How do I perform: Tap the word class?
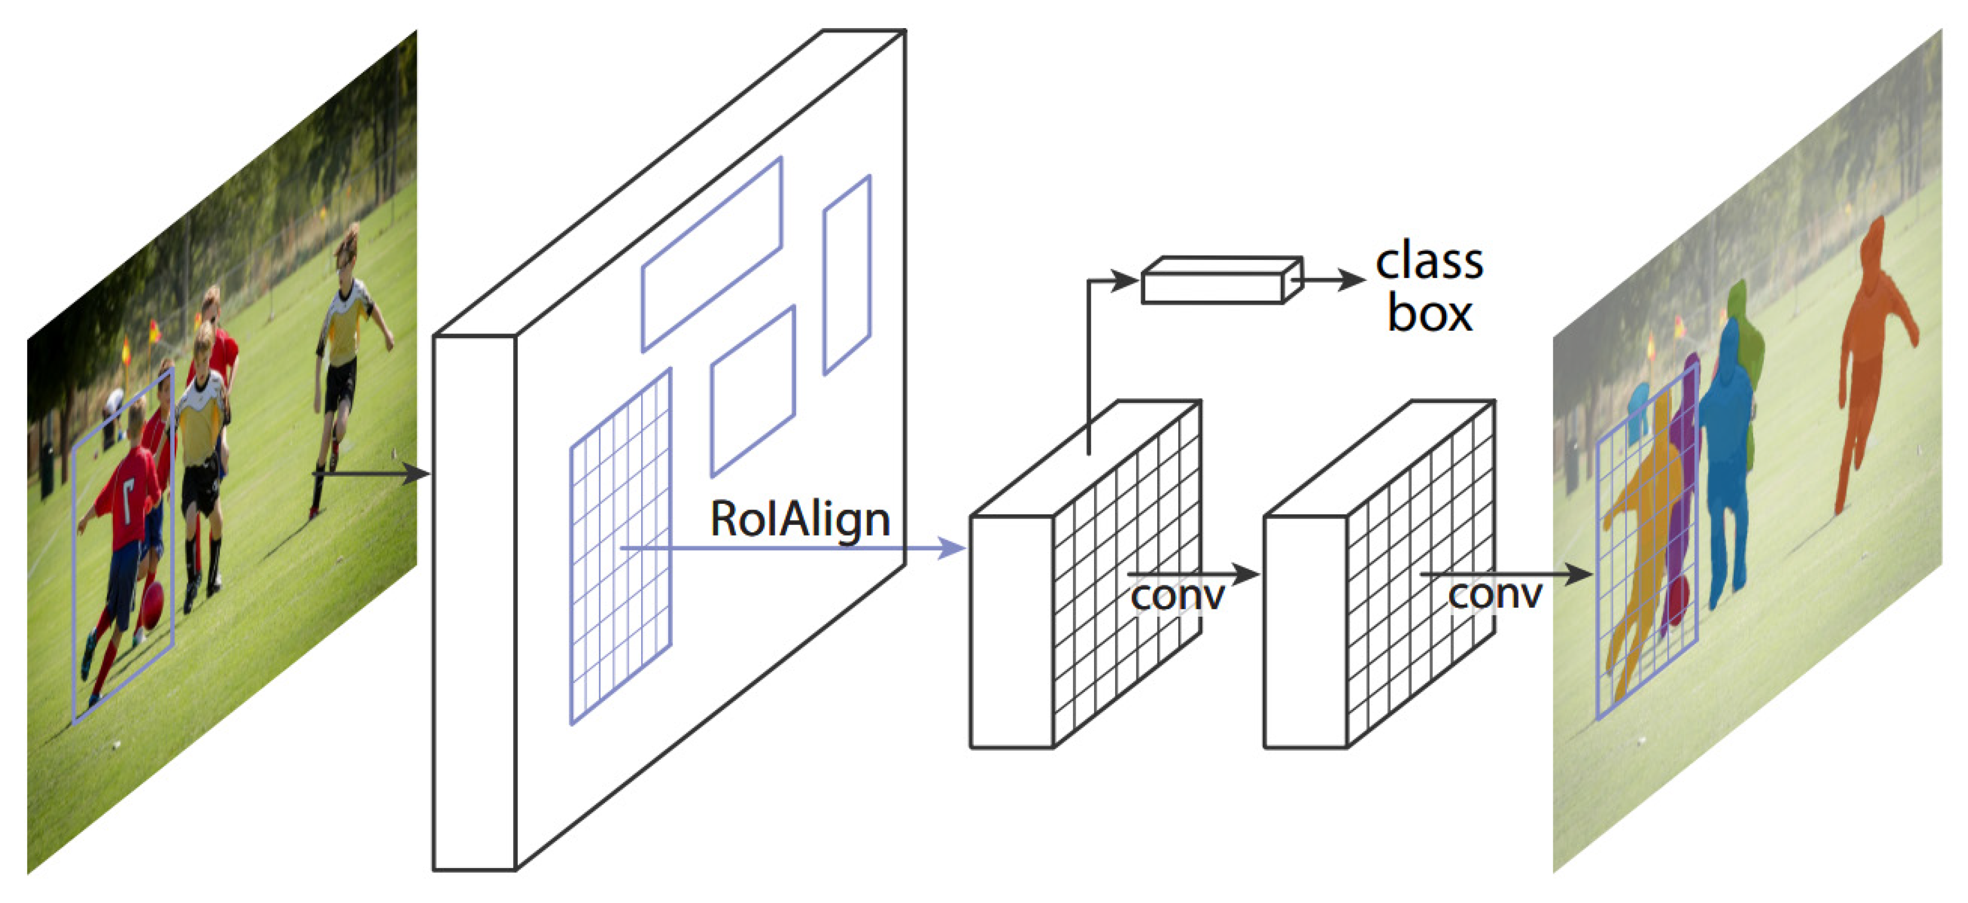pyautogui.click(x=1429, y=262)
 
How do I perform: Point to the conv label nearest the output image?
pyautogui.click(x=1494, y=594)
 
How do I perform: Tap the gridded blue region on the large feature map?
pyautogui.click(x=620, y=546)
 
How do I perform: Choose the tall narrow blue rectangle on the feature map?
pyautogui.click(x=846, y=275)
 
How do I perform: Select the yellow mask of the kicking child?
pyautogui.click(x=1650, y=520)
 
